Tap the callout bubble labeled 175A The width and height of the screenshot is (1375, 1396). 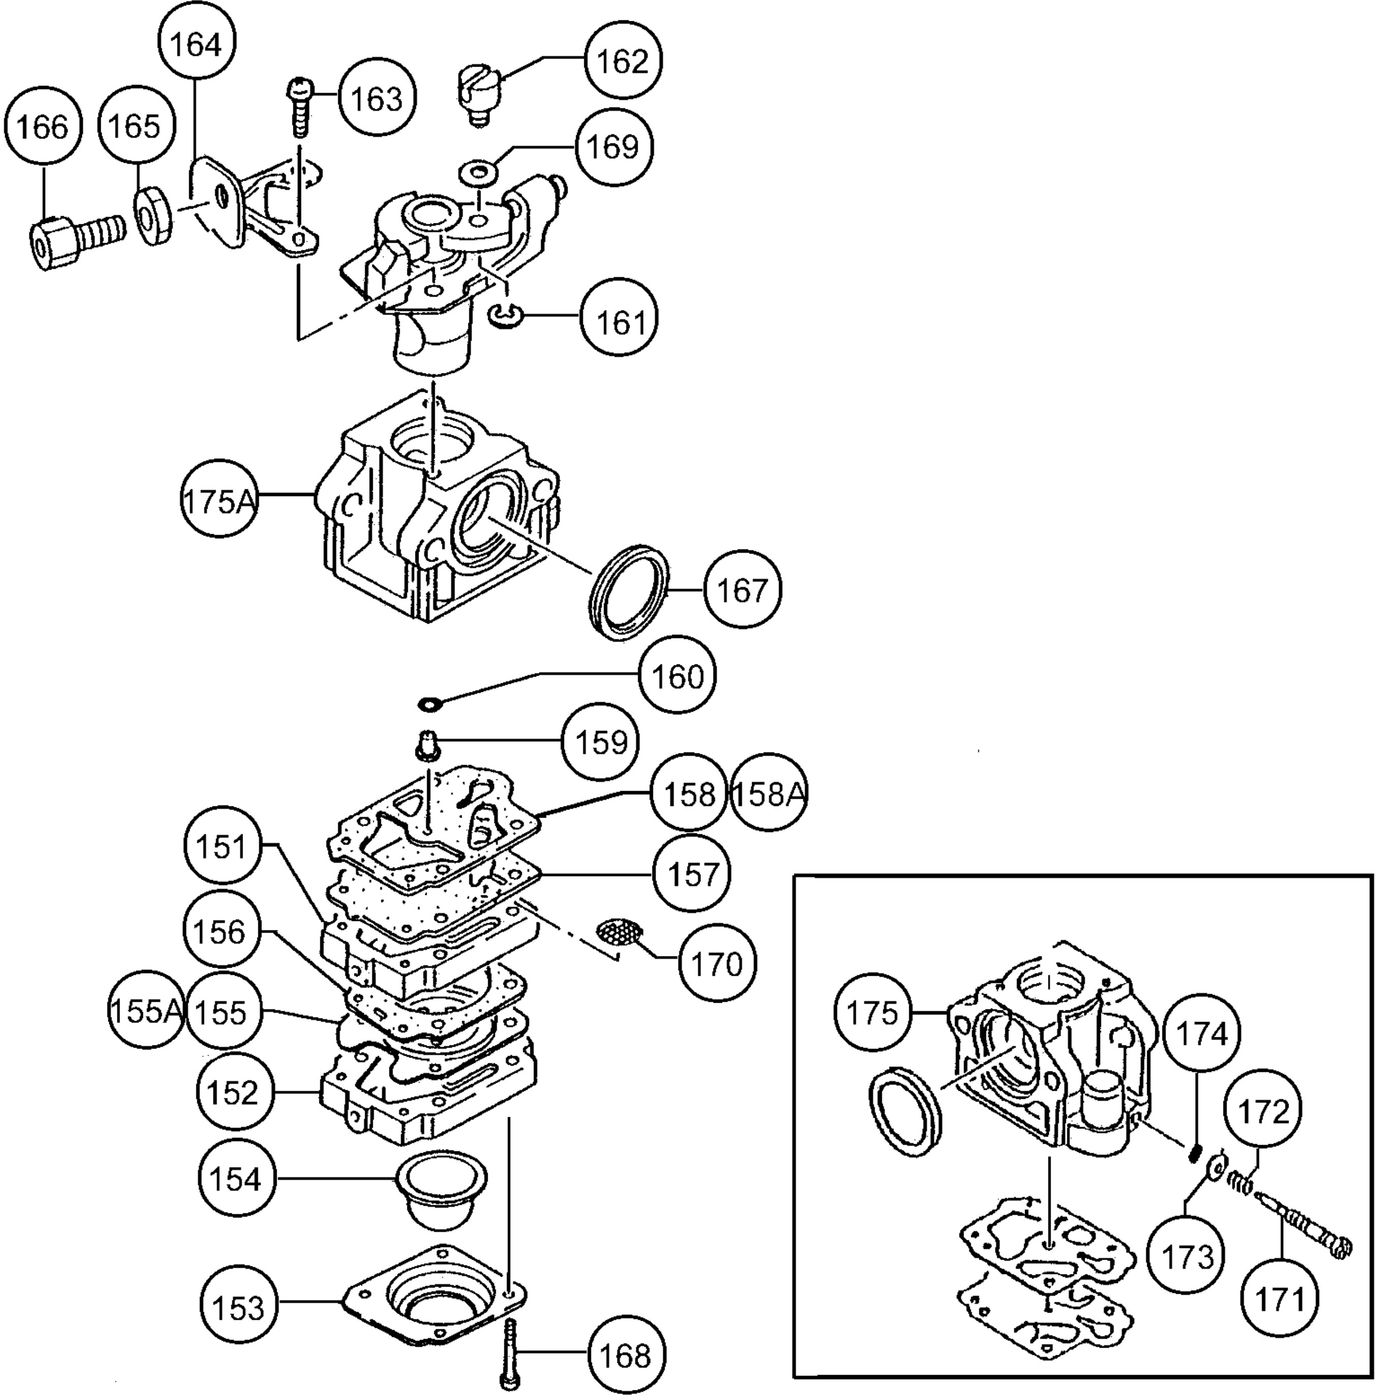click(x=219, y=501)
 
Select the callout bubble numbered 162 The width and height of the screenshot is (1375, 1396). click(x=624, y=62)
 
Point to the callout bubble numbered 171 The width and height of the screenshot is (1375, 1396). click(x=1279, y=1298)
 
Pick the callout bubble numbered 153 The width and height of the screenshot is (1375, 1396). click(x=239, y=1307)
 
